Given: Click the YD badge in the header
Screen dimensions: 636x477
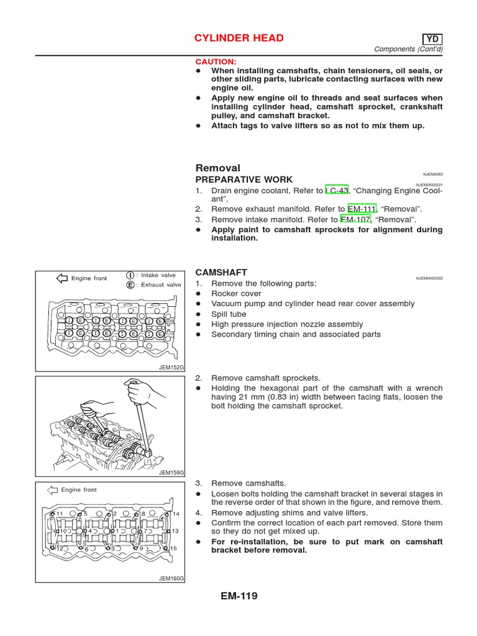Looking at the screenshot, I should [432, 39].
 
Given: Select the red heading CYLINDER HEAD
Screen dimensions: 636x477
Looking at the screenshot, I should [239, 39].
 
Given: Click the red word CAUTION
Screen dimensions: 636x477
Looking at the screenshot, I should [216, 62].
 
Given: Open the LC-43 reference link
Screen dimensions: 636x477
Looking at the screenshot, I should [337, 191].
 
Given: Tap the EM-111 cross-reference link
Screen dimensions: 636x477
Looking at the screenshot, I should [362, 209].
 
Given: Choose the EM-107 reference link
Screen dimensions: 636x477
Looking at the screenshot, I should [355, 220].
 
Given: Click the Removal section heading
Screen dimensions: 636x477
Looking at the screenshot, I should [217, 168].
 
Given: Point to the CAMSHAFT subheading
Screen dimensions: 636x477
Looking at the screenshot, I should [221, 273].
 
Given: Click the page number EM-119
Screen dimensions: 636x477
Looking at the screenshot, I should [238, 596].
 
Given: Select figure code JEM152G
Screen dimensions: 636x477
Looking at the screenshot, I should [172, 368].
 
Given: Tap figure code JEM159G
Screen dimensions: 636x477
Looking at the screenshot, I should [172, 473].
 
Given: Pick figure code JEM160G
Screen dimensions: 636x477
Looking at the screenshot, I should [172, 578].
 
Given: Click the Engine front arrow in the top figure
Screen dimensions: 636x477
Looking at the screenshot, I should [62, 278].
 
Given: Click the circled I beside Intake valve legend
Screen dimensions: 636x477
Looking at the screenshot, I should [130, 275].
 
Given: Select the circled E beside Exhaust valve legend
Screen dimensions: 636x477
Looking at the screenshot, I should [130, 285].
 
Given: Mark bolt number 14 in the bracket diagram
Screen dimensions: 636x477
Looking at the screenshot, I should [175, 514].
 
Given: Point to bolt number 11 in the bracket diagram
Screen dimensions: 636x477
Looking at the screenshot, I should [60, 514].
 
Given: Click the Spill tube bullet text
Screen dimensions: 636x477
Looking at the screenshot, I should [229, 314].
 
